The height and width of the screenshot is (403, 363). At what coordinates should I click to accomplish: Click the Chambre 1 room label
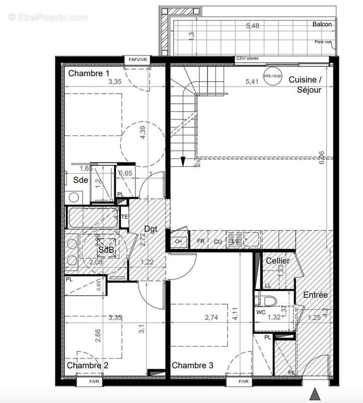pos(89,74)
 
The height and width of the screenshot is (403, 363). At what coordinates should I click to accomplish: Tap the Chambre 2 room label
pos(88,365)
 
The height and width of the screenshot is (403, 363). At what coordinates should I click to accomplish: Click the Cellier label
pos(278,261)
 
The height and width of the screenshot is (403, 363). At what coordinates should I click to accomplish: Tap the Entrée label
pos(316,295)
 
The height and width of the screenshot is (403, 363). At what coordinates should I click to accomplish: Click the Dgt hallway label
pos(151,228)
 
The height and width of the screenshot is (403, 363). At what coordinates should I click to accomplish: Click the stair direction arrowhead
pos(183,162)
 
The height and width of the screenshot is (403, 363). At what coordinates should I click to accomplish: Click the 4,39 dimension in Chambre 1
pos(143,133)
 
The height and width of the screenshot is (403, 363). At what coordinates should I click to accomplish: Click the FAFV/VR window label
pos(138,60)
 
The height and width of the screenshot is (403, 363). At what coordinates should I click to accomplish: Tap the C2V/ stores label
pos(247,59)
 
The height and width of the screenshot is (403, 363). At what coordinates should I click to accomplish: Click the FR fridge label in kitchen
pos(200,241)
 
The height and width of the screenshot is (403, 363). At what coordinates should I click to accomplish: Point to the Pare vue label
pos(323,42)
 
